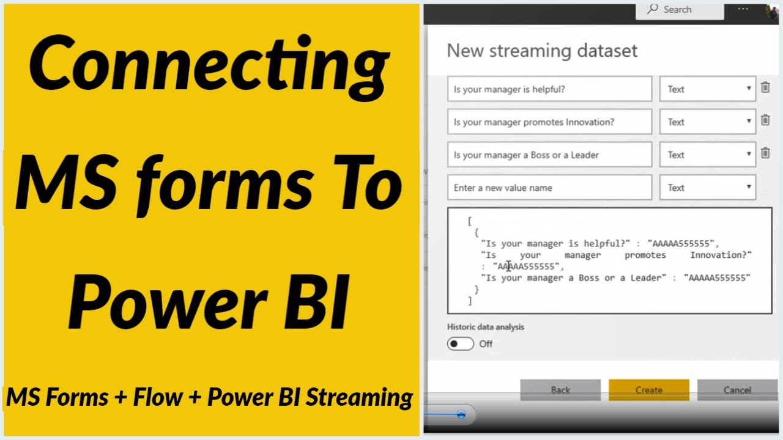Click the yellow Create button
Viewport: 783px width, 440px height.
click(x=649, y=390)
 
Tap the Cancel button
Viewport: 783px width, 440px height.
click(x=737, y=390)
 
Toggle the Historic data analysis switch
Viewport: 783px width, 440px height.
click(x=461, y=344)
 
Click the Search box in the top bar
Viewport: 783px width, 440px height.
click(x=680, y=10)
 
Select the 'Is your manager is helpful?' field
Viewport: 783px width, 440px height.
click(x=549, y=89)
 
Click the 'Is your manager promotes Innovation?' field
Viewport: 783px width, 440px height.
click(x=549, y=122)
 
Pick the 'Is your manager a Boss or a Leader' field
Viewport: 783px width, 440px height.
click(x=549, y=155)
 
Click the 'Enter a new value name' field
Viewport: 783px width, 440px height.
click(x=549, y=188)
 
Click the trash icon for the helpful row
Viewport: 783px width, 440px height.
click(x=765, y=87)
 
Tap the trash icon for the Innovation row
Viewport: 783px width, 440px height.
click(x=765, y=120)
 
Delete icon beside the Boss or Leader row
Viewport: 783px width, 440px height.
click(x=765, y=153)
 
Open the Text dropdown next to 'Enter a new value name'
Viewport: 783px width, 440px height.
click(x=708, y=188)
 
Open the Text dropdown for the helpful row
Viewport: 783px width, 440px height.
click(x=708, y=89)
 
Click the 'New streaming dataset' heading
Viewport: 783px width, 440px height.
click(x=542, y=51)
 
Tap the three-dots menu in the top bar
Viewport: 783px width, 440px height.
click(x=743, y=9)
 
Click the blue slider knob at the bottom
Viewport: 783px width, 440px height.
click(x=461, y=414)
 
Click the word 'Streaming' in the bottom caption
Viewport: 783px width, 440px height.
click(x=359, y=398)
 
